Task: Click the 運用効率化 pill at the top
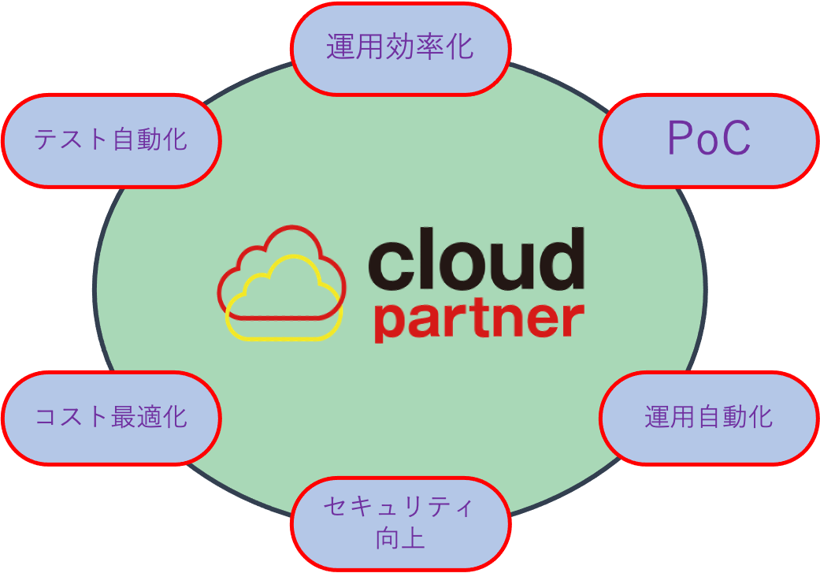click(400, 48)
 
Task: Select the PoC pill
click(708, 140)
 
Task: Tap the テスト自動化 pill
click(111, 140)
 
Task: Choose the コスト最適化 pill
click(111, 417)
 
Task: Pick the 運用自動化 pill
click(708, 417)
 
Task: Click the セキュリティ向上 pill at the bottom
click(400, 523)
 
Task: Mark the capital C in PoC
click(734, 140)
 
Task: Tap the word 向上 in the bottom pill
click(400, 540)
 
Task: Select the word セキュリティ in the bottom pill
click(400, 508)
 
